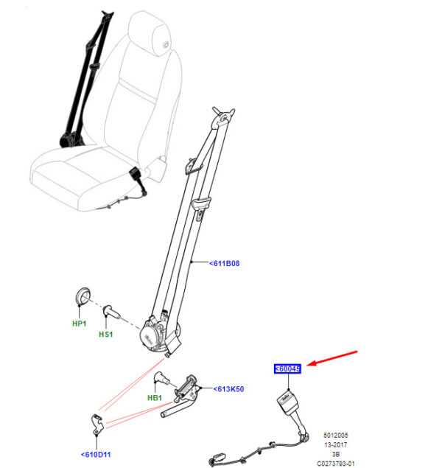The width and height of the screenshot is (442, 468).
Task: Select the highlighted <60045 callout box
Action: (287, 369)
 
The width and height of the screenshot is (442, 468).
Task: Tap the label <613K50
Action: (229, 388)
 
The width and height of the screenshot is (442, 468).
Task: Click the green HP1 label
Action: (80, 322)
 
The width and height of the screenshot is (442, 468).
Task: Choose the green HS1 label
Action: (106, 334)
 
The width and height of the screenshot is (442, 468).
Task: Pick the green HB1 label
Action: (155, 399)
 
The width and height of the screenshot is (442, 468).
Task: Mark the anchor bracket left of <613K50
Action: (187, 387)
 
